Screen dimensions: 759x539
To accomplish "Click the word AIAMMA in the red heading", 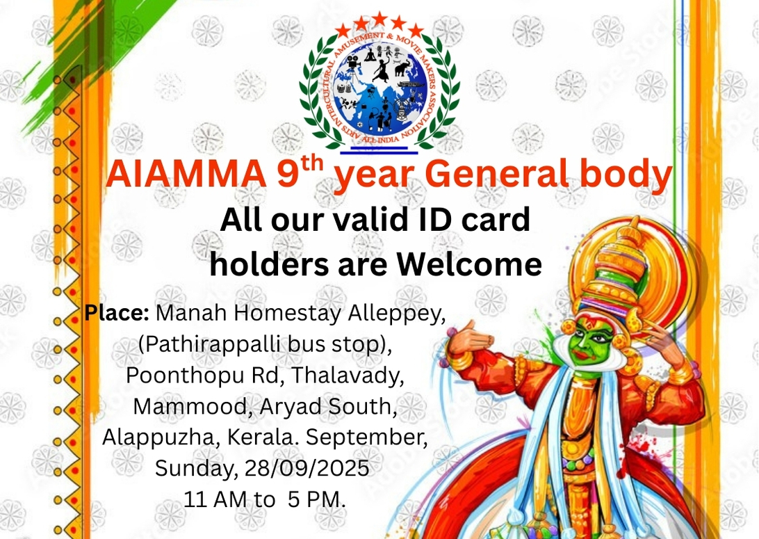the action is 186,174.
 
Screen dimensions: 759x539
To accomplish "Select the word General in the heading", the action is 498,174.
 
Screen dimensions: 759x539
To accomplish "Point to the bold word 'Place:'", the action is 117,313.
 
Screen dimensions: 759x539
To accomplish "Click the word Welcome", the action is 469,264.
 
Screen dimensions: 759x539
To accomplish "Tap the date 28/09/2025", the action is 307,468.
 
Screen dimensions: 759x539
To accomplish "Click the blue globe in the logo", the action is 380,90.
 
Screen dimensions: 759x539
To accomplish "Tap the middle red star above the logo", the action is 379,19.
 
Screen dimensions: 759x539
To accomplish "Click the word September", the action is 366,437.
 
